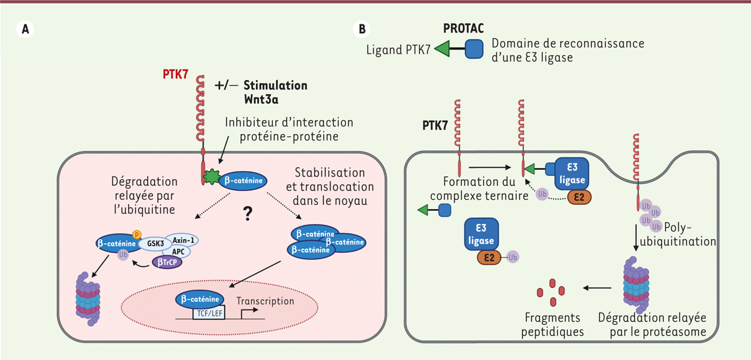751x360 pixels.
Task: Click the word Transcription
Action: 265,301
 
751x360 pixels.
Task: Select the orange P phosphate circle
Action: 137,234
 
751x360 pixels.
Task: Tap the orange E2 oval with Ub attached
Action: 490,257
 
